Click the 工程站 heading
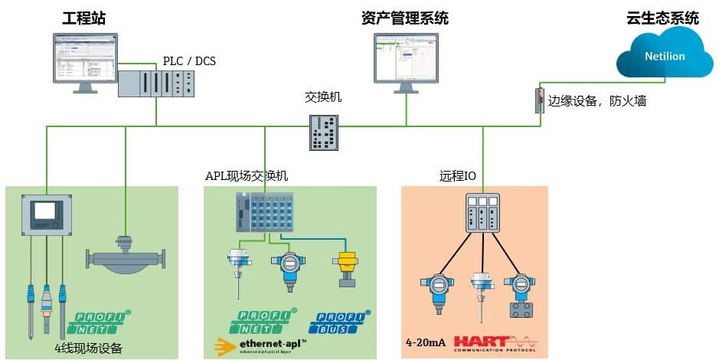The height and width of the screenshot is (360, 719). point(83,17)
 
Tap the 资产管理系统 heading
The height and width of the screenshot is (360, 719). point(405,17)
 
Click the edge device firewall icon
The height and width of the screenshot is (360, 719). point(539,100)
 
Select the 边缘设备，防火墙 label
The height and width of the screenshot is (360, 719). point(596,100)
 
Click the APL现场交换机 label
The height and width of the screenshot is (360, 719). point(247,176)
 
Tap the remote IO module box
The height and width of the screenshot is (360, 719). point(483,212)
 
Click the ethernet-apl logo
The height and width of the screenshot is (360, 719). point(261,345)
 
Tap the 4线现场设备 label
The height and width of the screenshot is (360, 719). point(88,347)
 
